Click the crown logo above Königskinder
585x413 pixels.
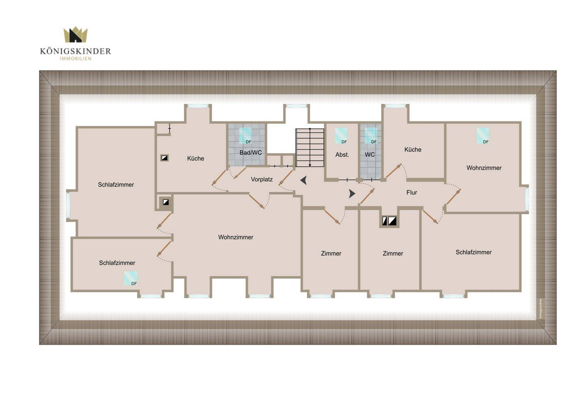[76, 34]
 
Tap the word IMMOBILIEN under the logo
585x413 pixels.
[76, 59]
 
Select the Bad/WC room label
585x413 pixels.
[250, 153]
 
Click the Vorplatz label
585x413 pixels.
[262, 179]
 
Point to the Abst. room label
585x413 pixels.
[342, 155]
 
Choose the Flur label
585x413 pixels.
[412, 192]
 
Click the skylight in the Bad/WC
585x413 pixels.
[245, 135]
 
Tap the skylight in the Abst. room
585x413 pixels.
[341, 135]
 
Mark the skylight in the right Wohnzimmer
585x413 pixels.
[483, 135]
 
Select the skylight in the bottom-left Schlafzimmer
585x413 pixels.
[130, 278]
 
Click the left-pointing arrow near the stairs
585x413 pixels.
[303, 180]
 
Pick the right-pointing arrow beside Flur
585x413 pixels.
[352, 194]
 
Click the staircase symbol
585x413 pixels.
[310, 148]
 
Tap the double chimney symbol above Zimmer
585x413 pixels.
[389, 221]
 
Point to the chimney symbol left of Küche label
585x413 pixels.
[164, 158]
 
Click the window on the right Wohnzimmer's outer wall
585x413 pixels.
[527, 199]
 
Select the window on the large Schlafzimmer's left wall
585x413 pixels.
[68, 205]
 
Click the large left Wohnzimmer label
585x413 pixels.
[236, 237]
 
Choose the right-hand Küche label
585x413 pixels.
[413, 150]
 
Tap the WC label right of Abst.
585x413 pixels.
[370, 155]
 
